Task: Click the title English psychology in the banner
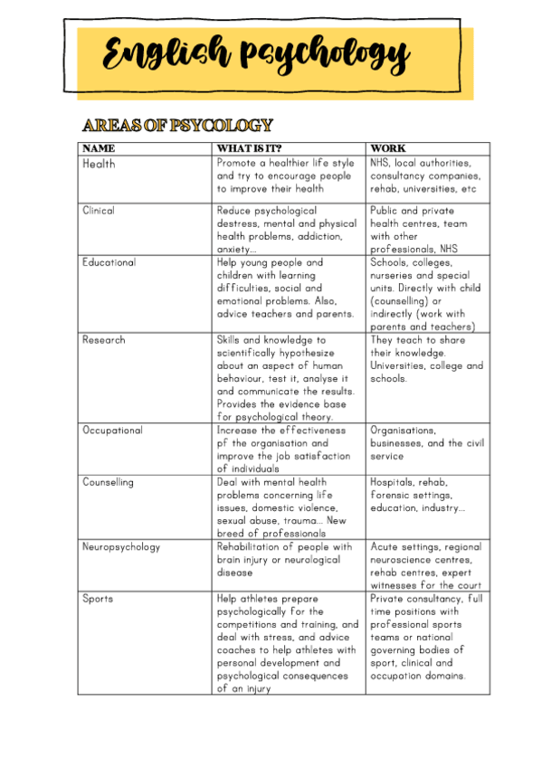tap(256, 56)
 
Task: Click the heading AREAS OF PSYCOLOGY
tap(177, 125)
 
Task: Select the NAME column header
tap(99, 148)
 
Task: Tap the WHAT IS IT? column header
tap(249, 148)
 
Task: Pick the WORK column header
tap(387, 148)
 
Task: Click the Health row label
tap(99, 164)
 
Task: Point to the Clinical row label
tap(99, 211)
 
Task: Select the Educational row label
tap(109, 262)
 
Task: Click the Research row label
tap(104, 340)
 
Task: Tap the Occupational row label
tap(112, 431)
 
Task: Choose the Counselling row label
tap(108, 482)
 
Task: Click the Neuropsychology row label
tap(120, 547)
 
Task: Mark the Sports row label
tap(98, 599)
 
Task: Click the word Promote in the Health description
tap(239, 164)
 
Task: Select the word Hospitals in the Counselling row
tap(395, 482)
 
